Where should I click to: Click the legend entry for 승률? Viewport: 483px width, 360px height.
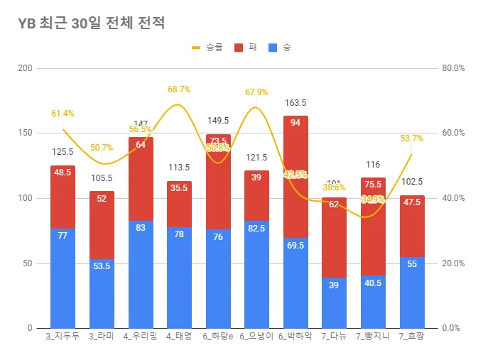pyautogui.click(x=207, y=48)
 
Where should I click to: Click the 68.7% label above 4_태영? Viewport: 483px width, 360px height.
pyautogui.click(x=179, y=89)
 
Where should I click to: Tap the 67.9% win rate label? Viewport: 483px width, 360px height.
pyautogui.click(x=256, y=92)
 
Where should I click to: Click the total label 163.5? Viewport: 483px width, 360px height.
pyautogui.click(x=295, y=103)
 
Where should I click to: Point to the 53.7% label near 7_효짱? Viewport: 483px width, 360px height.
pyautogui.click(x=412, y=138)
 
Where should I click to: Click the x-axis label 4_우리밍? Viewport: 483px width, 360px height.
pyautogui.click(x=140, y=337)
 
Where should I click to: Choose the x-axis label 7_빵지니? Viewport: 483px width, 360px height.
pyautogui.click(x=373, y=337)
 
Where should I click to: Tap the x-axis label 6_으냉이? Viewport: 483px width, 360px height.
pyautogui.click(x=256, y=337)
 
